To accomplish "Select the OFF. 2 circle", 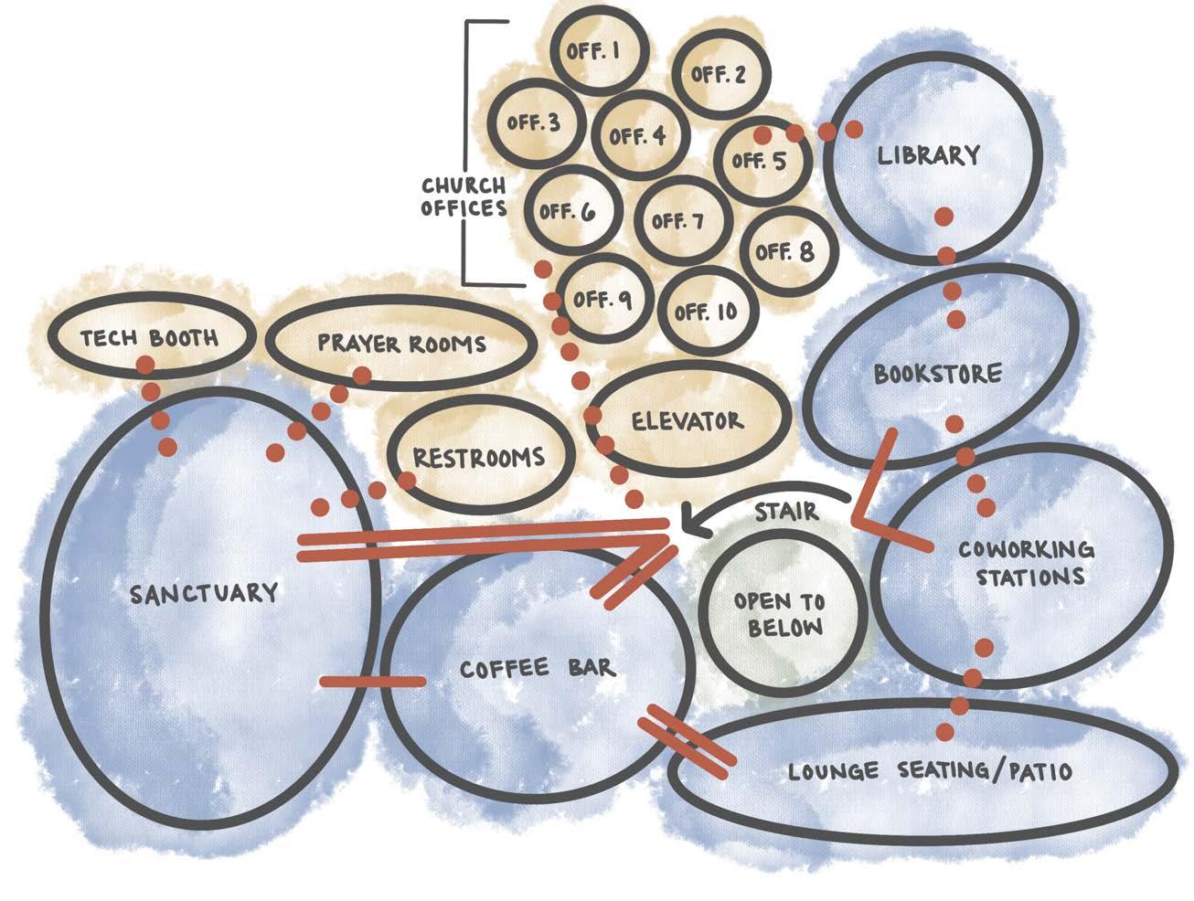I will [720, 75].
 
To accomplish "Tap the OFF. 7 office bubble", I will [679, 221].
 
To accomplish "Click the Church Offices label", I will [464, 197].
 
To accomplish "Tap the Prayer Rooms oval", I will [400, 344].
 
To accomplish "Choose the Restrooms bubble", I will [478, 457].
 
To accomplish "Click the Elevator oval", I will [688, 421].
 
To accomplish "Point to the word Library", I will [928, 155].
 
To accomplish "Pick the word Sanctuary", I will [204, 593].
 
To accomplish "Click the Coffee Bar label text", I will [538, 668].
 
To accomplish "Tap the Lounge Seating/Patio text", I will [929, 772].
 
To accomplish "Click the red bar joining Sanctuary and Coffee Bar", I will [373, 682].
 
